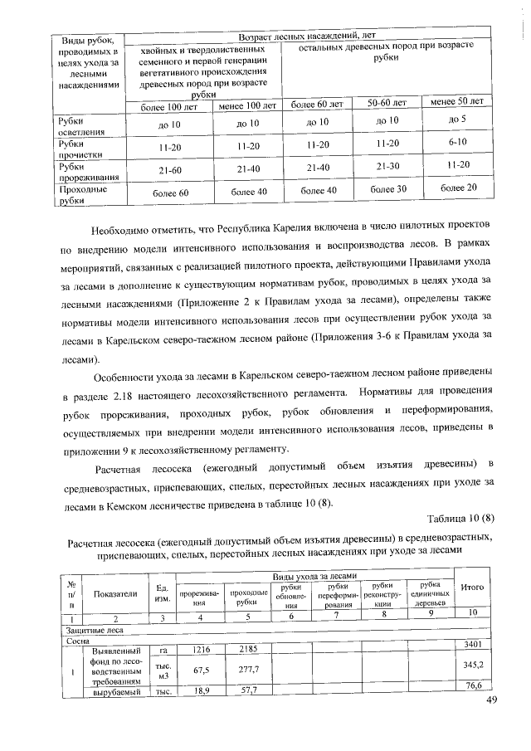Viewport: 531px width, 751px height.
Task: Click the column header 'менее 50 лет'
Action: click(457, 101)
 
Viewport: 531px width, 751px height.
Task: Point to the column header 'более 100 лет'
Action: click(165, 106)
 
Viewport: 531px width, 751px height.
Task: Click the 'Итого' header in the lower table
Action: click(472, 587)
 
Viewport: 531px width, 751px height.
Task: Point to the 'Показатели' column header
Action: click(110, 593)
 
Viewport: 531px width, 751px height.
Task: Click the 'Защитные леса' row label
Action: click(92, 631)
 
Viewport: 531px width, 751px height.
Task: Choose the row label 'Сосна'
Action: click(78, 641)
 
